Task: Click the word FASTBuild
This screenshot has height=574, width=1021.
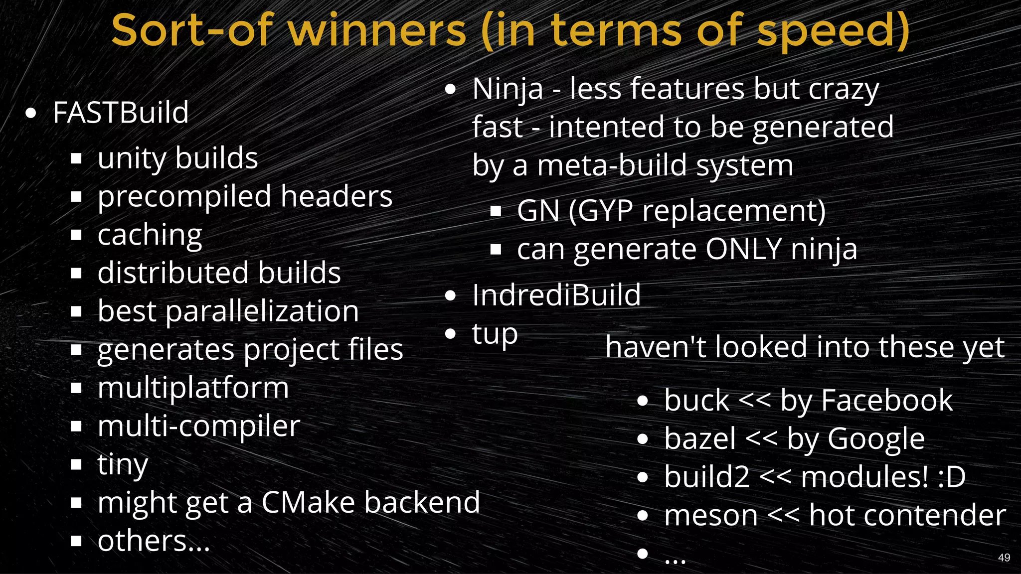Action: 121,113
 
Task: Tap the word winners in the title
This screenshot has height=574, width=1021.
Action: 377,31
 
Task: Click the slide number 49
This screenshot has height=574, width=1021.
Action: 1004,558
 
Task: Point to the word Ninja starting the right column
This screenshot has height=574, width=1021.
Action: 508,90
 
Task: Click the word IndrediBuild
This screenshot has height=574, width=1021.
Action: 556,295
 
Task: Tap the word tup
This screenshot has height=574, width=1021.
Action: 495,334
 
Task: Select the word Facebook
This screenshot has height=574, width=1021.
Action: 886,401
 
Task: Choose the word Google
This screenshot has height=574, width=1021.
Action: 876,439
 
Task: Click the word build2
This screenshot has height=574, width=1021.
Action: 707,477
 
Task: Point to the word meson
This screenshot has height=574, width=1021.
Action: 711,515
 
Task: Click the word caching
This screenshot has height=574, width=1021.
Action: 150,235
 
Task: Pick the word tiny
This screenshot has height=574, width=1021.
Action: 123,464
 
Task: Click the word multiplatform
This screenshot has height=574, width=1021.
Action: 193,388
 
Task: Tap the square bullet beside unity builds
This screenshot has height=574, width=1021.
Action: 76,158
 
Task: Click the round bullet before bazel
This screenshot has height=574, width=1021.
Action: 643,439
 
